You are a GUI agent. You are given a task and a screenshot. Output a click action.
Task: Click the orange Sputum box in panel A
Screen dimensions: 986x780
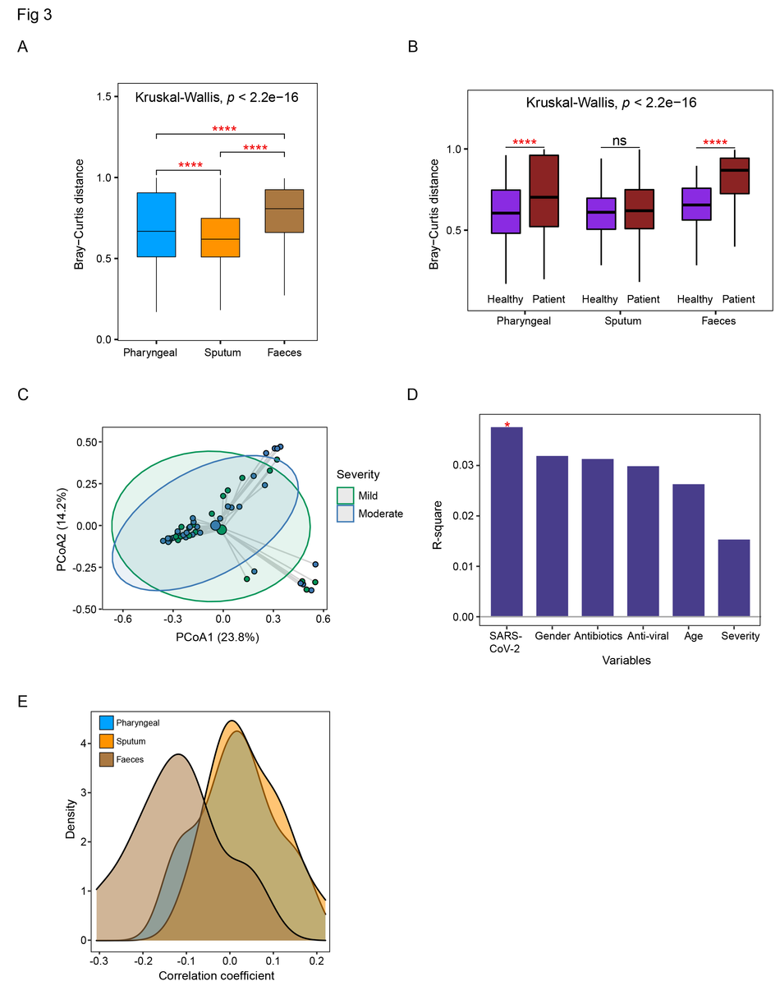point(220,237)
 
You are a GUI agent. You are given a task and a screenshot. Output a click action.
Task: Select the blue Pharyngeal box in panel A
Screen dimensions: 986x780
point(156,224)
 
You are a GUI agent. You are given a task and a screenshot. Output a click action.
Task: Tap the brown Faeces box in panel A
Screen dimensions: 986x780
point(284,211)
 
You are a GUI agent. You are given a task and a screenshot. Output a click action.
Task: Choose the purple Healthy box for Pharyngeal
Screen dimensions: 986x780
point(505,211)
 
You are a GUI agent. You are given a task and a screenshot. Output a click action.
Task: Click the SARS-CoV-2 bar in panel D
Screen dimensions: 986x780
point(506,521)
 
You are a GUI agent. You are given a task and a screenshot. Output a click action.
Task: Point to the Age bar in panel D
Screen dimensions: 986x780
point(688,550)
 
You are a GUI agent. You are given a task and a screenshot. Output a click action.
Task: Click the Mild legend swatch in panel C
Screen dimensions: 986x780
point(346,495)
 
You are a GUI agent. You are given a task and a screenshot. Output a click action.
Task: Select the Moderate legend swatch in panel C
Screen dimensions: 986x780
point(346,513)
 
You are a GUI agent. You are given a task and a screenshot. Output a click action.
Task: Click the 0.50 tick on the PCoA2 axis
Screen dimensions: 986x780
point(81,442)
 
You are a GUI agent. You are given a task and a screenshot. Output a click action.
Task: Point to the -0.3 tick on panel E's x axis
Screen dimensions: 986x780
point(98,959)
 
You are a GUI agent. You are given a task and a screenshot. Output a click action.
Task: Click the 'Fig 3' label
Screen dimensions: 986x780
point(34,16)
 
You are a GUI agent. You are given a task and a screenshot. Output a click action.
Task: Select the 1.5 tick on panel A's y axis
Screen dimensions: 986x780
point(103,97)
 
